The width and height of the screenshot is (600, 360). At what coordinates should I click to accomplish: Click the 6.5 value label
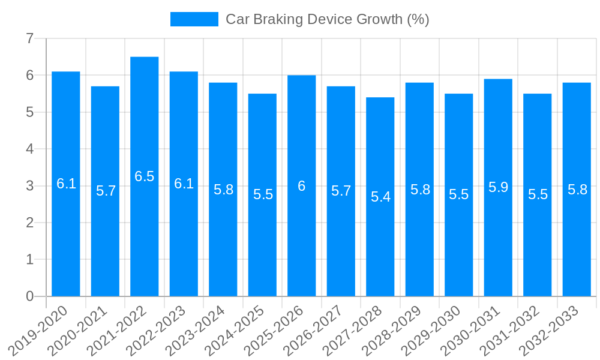point(144,176)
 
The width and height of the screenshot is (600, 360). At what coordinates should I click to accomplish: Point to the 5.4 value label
point(380,197)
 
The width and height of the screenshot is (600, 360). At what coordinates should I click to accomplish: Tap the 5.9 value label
point(498,187)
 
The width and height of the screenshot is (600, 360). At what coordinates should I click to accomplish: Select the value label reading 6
point(302,186)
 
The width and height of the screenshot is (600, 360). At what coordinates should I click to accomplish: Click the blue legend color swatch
point(194,19)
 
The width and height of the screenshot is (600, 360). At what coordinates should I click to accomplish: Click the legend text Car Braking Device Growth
point(327,19)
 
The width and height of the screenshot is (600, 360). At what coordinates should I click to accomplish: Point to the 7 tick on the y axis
point(29,38)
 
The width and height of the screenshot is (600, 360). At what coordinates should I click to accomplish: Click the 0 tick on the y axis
point(29,296)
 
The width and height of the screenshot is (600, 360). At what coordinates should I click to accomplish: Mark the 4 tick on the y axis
point(29,149)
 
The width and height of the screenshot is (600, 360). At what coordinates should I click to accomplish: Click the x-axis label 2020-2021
point(78,330)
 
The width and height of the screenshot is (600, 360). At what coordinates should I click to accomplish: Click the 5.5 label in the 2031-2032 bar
point(538,194)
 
